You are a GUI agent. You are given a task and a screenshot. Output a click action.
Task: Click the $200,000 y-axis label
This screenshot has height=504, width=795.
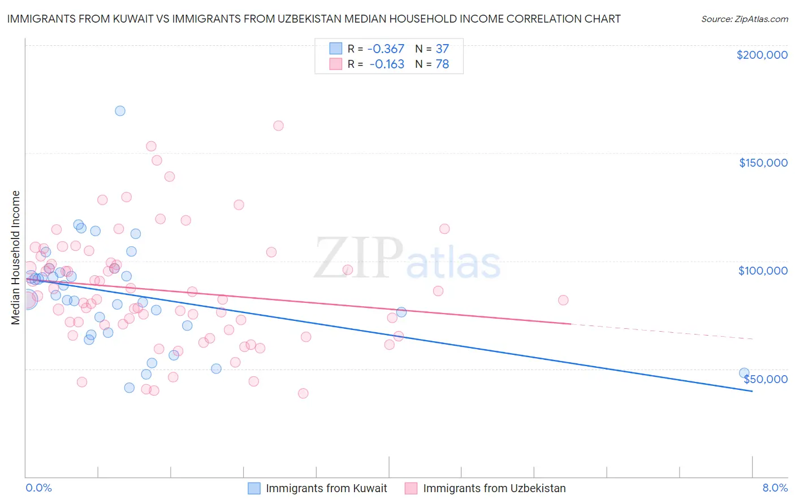(762, 55)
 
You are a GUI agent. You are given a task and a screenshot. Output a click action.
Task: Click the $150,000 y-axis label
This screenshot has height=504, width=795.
(763, 163)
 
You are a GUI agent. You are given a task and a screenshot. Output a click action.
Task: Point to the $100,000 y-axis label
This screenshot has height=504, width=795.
(763, 271)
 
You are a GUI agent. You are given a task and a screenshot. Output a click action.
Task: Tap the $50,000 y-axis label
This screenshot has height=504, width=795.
(765, 379)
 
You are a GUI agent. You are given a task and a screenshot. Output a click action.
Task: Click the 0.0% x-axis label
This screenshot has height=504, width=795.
(38, 488)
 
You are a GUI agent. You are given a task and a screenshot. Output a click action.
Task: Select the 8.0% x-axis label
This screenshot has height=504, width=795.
(775, 488)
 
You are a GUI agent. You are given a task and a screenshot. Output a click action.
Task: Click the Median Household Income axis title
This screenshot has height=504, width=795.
(16, 258)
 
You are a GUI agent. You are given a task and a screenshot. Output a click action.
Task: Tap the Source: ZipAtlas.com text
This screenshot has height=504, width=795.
(744, 19)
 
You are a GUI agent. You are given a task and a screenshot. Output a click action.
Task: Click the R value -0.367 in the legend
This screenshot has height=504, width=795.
(386, 49)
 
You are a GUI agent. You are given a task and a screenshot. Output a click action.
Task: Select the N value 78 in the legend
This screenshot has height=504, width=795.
(442, 64)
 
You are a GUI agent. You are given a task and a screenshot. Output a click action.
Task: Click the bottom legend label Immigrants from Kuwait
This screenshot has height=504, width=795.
(326, 488)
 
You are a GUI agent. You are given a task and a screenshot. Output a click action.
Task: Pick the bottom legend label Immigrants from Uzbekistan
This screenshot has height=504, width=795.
(494, 488)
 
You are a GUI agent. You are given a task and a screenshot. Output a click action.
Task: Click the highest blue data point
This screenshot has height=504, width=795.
(120, 111)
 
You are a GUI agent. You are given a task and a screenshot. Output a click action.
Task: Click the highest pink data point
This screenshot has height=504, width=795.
(278, 125)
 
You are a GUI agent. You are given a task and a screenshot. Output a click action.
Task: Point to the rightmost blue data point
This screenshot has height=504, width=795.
(744, 373)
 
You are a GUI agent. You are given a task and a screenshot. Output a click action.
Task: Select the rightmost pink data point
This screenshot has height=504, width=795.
(563, 300)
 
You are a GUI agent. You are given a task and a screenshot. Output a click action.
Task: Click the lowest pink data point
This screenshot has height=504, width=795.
(303, 393)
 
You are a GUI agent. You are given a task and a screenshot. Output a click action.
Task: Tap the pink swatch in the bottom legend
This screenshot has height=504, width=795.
(411, 488)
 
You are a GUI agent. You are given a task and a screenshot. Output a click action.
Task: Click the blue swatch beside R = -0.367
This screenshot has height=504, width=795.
(336, 49)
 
